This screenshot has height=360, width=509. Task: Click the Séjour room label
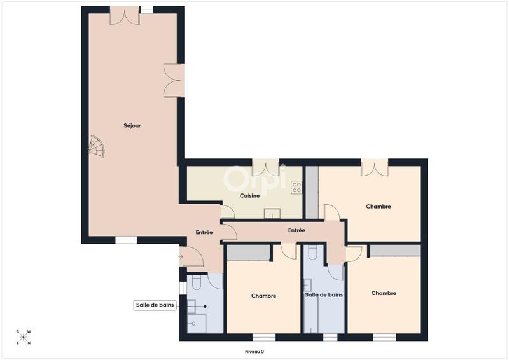click(x=132, y=126)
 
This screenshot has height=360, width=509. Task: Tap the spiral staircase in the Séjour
click(x=96, y=148)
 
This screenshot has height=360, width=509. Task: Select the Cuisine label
click(x=249, y=196)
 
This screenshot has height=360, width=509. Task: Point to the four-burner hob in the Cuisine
click(x=296, y=187)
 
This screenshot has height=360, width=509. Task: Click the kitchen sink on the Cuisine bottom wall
click(x=272, y=213)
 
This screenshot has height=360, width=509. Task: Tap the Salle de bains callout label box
click(x=155, y=305)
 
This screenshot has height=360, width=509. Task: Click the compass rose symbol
click(x=23, y=337)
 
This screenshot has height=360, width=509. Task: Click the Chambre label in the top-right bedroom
click(x=378, y=207)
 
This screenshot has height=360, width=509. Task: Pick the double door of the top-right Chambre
click(x=375, y=168)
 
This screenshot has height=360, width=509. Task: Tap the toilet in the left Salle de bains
click(x=197, y=280)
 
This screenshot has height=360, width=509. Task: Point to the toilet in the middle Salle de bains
click(x=312, y=253)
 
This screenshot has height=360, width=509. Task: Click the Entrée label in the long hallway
click(x=296, y=230)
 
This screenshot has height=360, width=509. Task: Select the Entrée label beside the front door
click(x=204, y=233)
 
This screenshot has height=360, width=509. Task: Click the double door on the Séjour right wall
click(x=174, y=81)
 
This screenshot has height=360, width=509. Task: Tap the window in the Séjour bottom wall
click(x=126, y=240)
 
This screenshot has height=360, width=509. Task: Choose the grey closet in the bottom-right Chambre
click(x=394, y=251)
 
